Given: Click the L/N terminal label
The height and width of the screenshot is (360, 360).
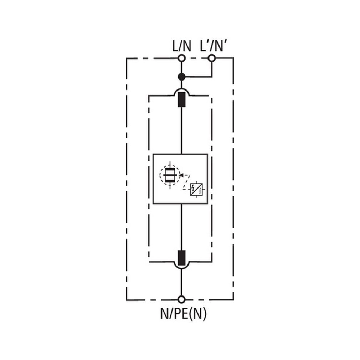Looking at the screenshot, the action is pyautogui.click(x=182, y=46).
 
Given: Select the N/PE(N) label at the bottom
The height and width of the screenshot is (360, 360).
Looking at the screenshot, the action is pyautogui.click(x=184, y=314).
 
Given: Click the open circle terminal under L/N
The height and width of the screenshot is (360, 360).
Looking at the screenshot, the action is pyautogui.click(x=182, y=58).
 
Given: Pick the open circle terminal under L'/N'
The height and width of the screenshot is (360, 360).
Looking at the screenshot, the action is pyautogui.click(x=212, y=58).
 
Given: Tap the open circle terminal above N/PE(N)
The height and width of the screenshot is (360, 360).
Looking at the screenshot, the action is pyautogui.click(x=182, y=299).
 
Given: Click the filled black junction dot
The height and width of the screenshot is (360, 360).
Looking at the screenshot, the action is pyautogui.click(x=182, y=77).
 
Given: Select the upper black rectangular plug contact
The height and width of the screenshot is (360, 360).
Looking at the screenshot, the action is pyautogui.click(x=182, y=100).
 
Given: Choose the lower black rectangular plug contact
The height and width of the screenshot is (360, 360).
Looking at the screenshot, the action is pyautogui.click(x=182, y=257).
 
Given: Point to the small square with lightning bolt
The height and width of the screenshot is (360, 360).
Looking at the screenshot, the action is pyautogui.click(x=196, y=189).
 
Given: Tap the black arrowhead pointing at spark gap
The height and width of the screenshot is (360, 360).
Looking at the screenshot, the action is pyautogui.click(x=181, y=175).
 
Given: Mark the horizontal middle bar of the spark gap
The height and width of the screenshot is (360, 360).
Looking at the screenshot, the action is pyautogui.click(x=170, y=175).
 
